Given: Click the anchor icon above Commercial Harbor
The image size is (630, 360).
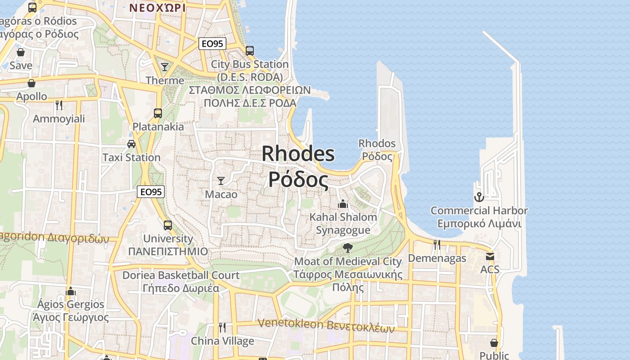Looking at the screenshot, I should pyautogui.click(x=479, y=197).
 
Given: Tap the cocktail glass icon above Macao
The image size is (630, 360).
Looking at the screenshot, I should pyautogui.click(x=221, y=181).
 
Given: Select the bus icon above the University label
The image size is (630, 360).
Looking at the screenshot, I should pyautogui.click(x=168, y=225).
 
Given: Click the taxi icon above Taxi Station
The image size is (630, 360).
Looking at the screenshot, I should pyautogui.click(x=131, y=144).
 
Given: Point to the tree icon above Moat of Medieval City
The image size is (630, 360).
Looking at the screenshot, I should pyautogui.click(x=347, y=247).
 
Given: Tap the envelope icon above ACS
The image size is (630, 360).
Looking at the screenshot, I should pyautogui.click(x=490, y=256).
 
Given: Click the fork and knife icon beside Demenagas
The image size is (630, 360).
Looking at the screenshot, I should pyautogui.click(x=436, y=245).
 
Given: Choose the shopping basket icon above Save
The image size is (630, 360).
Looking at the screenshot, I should pyautogui.click(x=21, y=52).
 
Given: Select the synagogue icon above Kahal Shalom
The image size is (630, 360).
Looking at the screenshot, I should pyautogui.click(x=343, y=204).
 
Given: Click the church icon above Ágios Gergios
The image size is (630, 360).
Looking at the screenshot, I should pyautogui.click(x=70, y=291).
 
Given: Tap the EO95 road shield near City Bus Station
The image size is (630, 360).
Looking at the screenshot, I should pyautogui.click(x=212, y=44).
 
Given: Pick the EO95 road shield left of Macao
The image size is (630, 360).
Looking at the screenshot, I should pyautogui.click(x=151, y=192).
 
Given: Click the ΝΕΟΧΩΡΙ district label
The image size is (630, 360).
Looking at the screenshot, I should pyautogui.click(x=157, y=8).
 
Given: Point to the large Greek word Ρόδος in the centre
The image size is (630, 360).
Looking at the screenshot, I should pyautogui.click(x=298, y=179).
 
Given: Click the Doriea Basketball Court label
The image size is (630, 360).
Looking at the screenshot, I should pyautogui.click(x=181, y=275).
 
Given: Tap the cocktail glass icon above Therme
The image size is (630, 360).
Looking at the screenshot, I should pyautogui.click(x=165, y=67).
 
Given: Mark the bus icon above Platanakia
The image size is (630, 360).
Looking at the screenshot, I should pyautogui.click(x=158, y=113).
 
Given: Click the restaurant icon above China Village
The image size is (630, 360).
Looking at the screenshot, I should pyautogui.click(x=222, y=327).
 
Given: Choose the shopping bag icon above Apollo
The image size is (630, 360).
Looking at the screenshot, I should pyautogui.click(x=31, y=83).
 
